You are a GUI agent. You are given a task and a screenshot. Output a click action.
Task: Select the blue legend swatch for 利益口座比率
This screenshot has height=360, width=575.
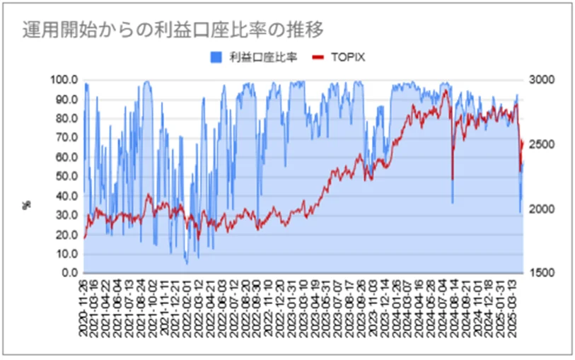(214, 57)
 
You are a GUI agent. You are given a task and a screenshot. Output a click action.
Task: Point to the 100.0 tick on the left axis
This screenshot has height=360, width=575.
(64, 80)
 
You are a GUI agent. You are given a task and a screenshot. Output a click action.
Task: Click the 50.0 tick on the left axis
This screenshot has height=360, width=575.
(66, 176)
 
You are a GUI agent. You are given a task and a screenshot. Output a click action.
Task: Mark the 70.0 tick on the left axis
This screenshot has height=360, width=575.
(66, 138)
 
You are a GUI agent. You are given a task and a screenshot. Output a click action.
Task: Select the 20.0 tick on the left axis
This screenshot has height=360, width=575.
(66, 234)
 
